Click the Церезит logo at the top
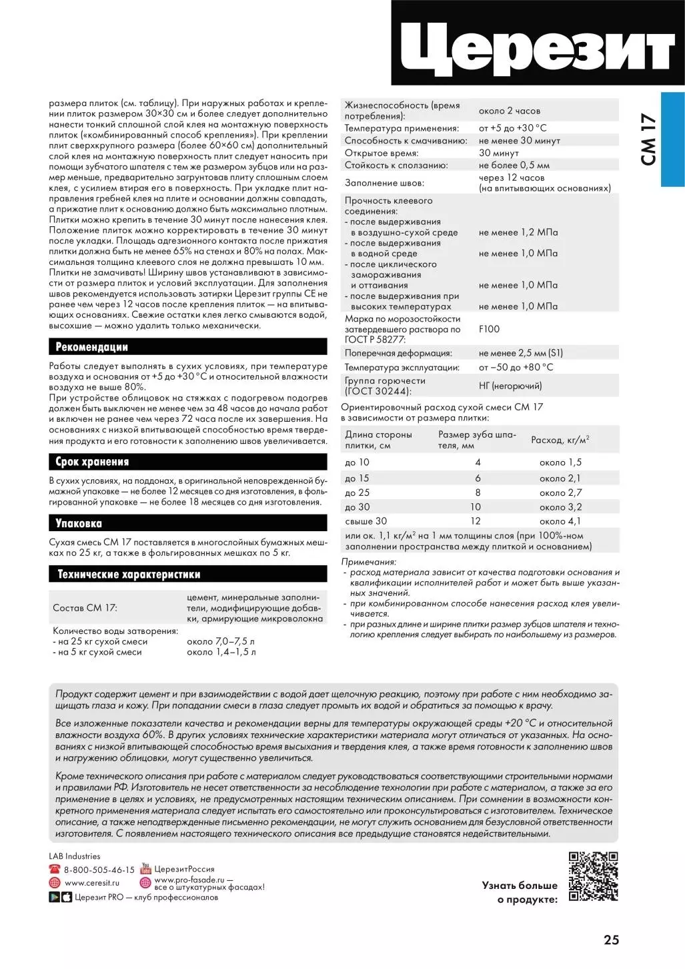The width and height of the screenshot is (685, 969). (538, 44)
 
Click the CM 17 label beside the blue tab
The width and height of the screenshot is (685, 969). (648, 139)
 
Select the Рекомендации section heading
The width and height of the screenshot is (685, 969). (91, 347)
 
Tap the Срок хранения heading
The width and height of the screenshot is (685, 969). (92, 462)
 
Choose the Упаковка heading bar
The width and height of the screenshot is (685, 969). (79, 523)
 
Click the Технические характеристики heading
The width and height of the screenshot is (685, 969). (129, 574)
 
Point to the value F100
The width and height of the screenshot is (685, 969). (489, 329)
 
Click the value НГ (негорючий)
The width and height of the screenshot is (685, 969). (510, 386)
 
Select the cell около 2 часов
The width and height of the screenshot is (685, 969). (510, 111)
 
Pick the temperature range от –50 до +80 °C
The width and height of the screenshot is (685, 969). (516, 367)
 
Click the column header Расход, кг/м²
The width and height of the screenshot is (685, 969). (560, 440)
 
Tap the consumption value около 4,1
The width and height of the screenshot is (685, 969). (560, 521)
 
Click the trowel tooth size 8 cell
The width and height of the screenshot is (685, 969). (478, 493)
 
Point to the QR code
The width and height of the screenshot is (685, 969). (593, 876)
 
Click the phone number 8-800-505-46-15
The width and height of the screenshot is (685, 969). (99, 870)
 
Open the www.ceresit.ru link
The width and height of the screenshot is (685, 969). (91, 882)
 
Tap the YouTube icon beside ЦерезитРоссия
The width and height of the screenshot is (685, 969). (145, 869)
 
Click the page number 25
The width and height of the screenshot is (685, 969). (611, 940)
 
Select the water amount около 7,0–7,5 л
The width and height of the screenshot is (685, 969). (221, 641)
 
